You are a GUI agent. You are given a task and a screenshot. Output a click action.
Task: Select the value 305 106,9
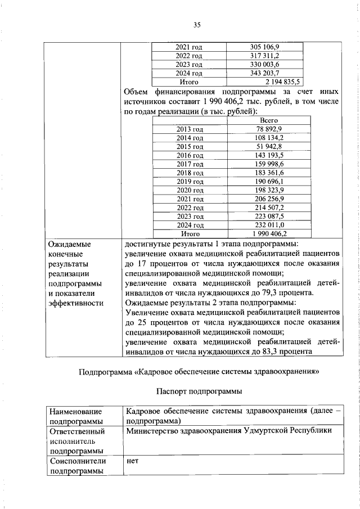[x=268, y=47]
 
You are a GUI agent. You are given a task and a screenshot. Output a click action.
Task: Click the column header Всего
[x=268, y=120]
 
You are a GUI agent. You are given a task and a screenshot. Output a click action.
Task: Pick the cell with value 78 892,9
[x=268, y=129]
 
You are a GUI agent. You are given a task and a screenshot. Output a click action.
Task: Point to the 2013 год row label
[x=190, y=129]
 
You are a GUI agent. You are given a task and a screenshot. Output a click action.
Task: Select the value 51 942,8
[x=268, y=146]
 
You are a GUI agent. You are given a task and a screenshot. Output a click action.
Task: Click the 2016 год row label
[x=190, y=155]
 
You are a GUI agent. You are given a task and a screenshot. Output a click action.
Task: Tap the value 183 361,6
[x=268, y=172]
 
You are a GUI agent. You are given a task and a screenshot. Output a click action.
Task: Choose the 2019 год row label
[x=190, y=181]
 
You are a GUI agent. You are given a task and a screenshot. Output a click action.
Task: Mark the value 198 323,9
[x=268, y=190]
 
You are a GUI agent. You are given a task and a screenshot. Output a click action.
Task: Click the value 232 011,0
[x=268, y=224]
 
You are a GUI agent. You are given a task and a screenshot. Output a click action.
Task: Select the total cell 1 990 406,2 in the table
[x=268, y=233]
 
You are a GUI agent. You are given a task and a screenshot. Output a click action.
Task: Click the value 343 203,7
[x=268, y=73]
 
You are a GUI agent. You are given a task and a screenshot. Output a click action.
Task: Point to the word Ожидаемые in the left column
[x=69, y=245]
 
